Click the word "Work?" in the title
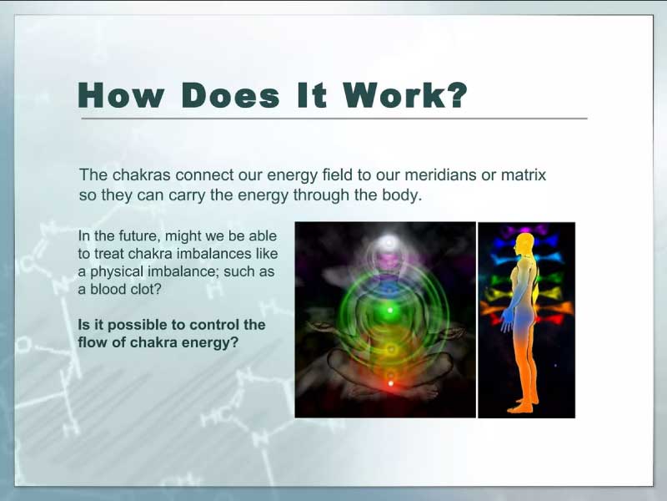[405, 94]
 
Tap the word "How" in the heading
[121, 94]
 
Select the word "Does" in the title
[231, 94]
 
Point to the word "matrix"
[524, 175]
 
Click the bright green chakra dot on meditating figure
[390, 310]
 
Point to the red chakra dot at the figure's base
[390, 383]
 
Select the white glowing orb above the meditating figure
[389, 243]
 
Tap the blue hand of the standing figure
[506, 321]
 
